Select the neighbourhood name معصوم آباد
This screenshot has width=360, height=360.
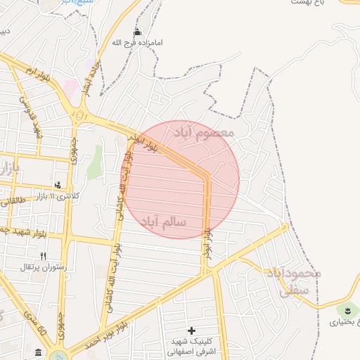click(211, 132)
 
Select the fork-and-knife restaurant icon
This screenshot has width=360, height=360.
click(42, 256)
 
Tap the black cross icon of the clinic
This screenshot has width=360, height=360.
click(191, 330)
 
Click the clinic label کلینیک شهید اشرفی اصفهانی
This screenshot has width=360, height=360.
click(192, 347)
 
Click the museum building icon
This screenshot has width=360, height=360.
click(37, 351)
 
